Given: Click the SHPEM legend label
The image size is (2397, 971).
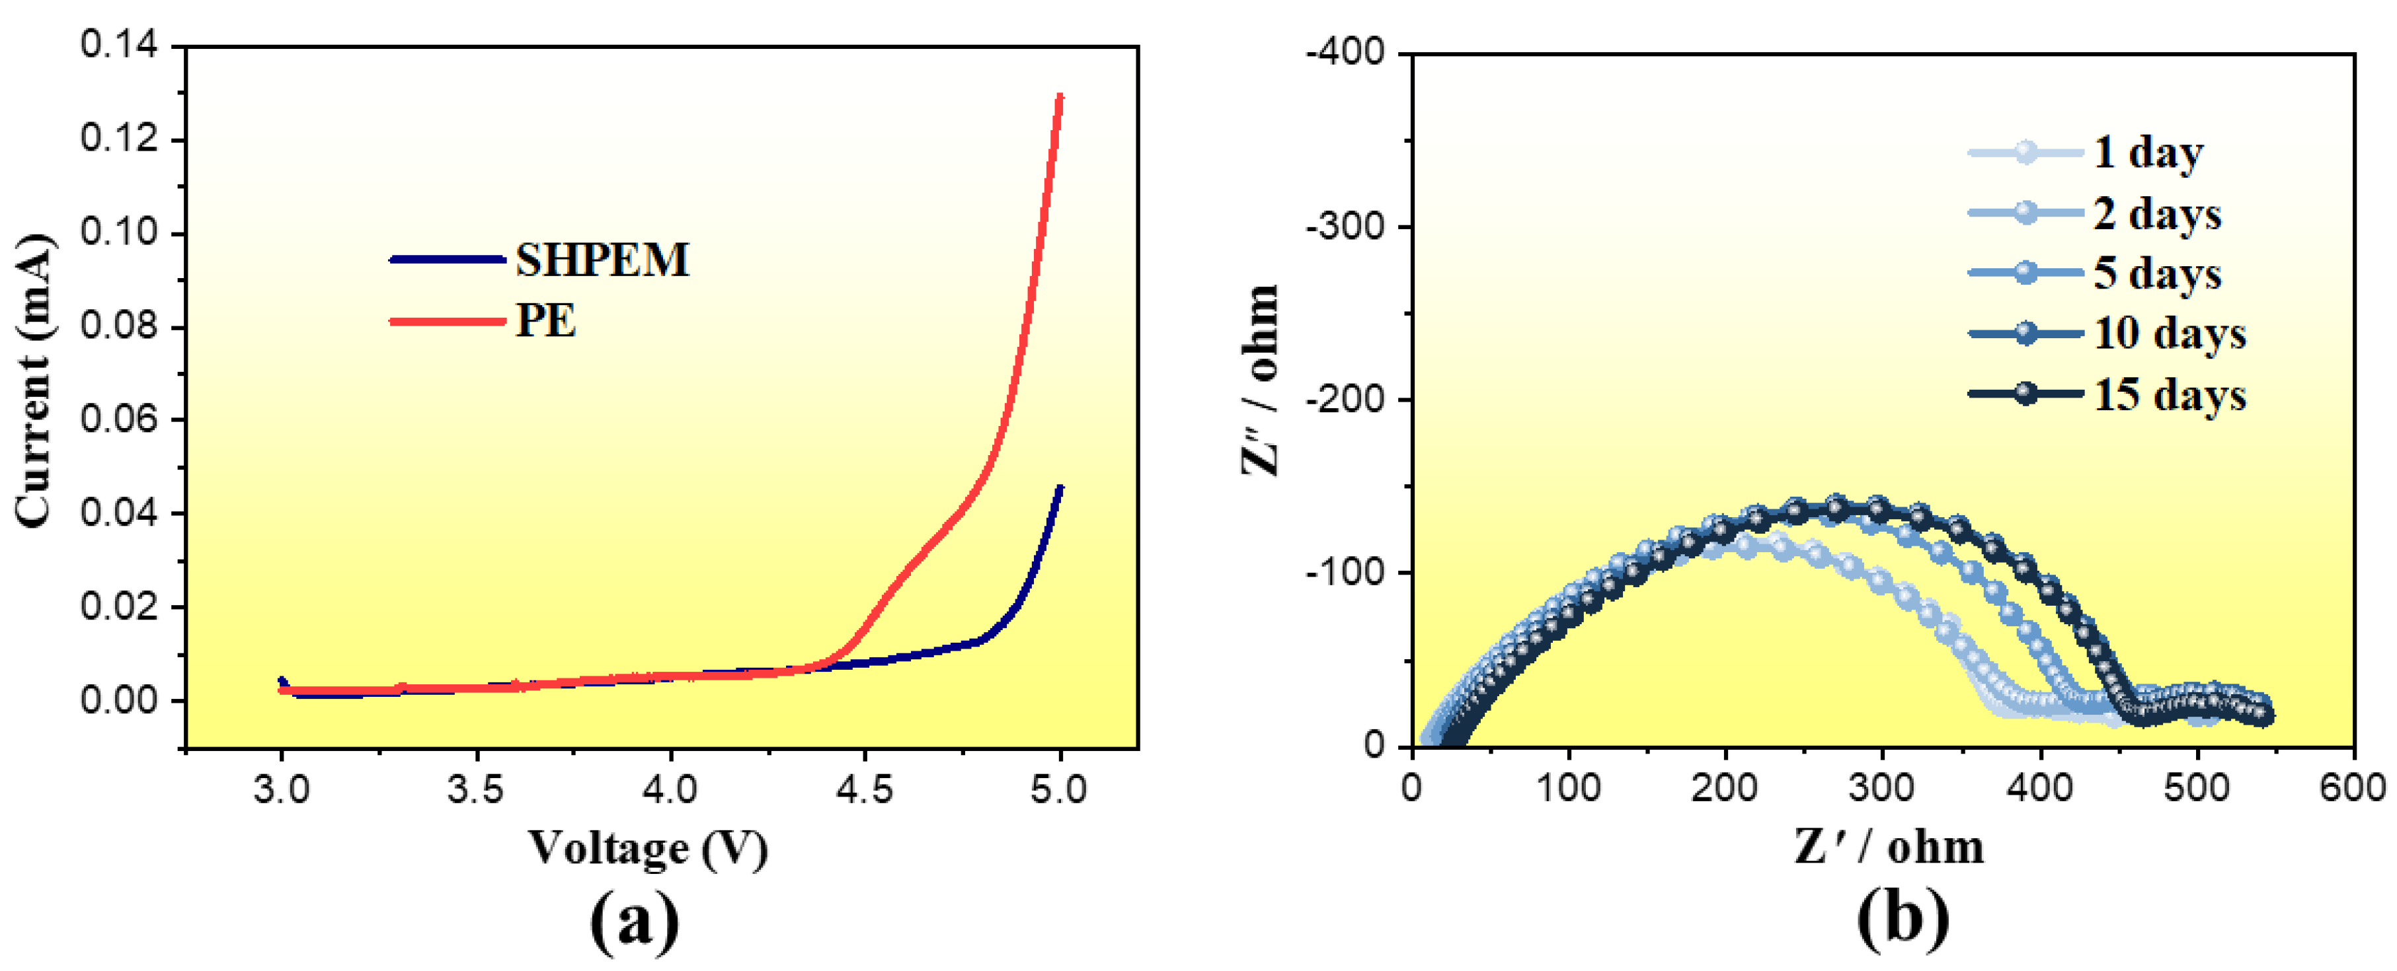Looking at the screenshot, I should coord(602,260).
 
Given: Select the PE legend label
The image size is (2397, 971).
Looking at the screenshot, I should coord(545,321).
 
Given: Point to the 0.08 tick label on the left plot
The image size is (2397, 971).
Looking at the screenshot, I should coord(119,326).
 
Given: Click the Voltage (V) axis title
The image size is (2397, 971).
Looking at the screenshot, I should coord(648,847).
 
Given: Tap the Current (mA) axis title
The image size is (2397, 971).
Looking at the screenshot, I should coord(34,381).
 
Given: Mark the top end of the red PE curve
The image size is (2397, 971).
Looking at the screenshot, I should coord(1059,96).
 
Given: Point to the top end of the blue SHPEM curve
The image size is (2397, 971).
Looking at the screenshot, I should coord(1059,488).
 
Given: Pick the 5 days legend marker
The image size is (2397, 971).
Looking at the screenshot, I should coord(2025,273).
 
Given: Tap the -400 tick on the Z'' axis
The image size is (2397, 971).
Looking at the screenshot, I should coord(1347,53).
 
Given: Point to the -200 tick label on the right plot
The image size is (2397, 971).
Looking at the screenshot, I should coord(1347,399).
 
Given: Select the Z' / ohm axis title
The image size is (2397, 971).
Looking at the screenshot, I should coord(1889,847).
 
